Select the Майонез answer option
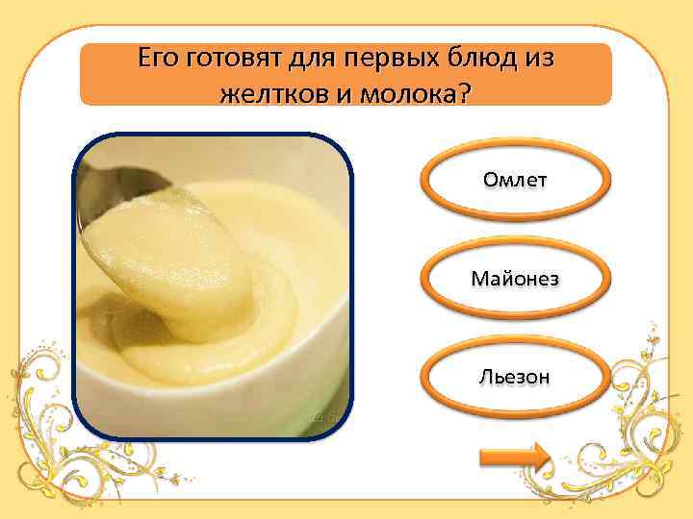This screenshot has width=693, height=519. (x=516, y=279)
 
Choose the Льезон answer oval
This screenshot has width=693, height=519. (x=516, y=377)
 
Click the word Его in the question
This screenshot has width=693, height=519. (x=157, y=60)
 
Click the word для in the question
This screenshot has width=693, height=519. (x=315, y=60)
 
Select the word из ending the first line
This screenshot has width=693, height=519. (x=538, y=60)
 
